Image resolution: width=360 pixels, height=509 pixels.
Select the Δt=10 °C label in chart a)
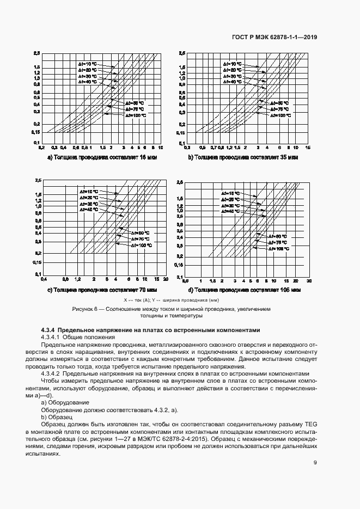87,64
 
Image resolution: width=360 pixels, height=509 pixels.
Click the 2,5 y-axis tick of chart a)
37,52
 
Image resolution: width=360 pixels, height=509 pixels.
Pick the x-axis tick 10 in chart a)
161,148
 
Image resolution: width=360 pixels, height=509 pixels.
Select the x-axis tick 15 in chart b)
308,148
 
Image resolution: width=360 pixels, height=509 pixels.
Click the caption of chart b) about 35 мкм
243,157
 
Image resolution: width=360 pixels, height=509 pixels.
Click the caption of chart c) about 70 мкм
103,290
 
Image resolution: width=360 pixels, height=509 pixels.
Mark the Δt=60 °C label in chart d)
278,236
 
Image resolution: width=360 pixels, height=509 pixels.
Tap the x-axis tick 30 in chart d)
308,280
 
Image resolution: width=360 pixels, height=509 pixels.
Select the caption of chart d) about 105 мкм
243,290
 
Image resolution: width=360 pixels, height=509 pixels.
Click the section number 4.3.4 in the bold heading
48,330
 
